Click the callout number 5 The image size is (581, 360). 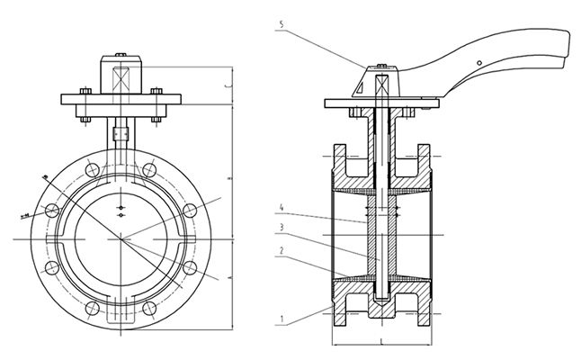click(282, 26)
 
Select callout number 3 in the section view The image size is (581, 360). click(282, 227)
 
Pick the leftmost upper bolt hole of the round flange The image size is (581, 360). click(52, 210)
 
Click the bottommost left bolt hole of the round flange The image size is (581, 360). click(91, 308)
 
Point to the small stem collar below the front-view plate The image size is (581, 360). click(120, 133)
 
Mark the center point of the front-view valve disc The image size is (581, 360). click(121, 238)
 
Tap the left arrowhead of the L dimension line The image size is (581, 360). click(335, 344)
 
